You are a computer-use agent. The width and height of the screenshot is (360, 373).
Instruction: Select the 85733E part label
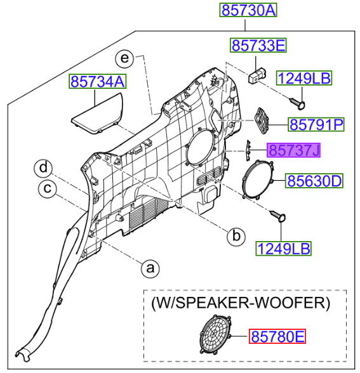(258, 46)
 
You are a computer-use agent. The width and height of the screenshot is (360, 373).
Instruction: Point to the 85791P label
(316, 124)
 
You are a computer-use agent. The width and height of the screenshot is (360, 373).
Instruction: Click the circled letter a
(150, 268)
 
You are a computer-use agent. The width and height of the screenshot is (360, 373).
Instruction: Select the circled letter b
(236, 236)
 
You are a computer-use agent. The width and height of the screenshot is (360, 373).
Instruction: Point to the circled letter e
(125, 59)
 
